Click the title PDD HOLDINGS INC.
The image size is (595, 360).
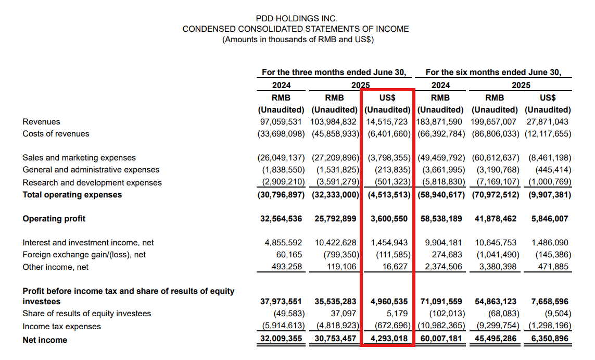pyautogui.click(x=296, y=19)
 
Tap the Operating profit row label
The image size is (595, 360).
pyautogui.click(x=54, y=219)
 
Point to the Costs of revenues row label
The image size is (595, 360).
pyautogui.click(x=56, y=134)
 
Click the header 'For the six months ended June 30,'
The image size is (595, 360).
pyautogui.click(x=493, y=72)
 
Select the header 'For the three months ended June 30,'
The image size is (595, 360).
pyautogui.click(x=334, y=72)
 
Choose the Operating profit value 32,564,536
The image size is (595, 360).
pyautogui.click(x=281, y=219)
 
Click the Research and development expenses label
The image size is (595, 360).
pyautogui.click(x=92, y=183)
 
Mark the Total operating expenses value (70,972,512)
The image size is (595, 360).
pyautogui.click(x=495, y=195)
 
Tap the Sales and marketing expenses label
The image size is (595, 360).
pyautogui.click(x=79, y=158)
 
